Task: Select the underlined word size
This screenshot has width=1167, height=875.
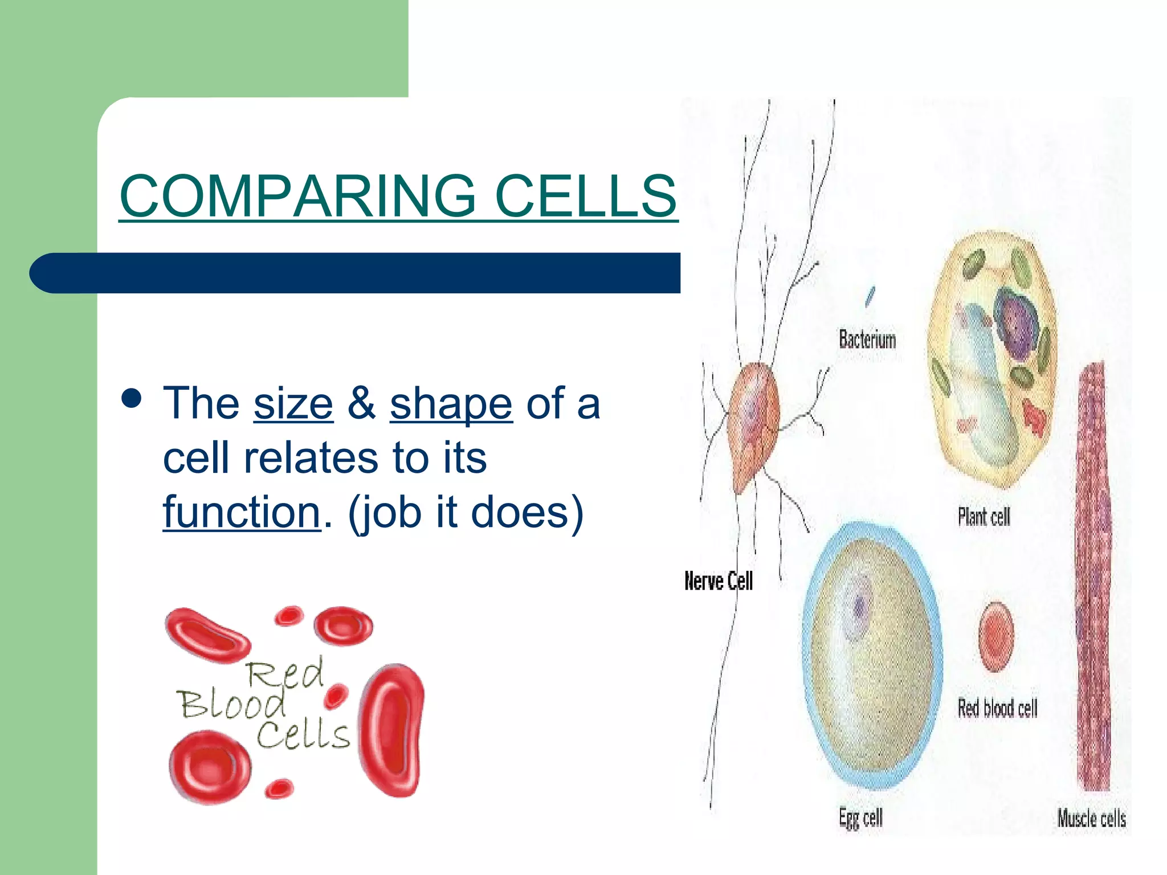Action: tap(293, 403)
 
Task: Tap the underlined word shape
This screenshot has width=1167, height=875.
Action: tap(451, 403)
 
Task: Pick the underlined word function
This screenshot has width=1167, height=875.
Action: tap(242, 512)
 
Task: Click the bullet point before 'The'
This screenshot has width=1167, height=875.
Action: tap(132, 398)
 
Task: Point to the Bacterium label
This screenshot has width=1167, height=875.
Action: tap(867, 340)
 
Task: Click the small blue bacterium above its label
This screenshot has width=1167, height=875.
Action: tap(870, 296)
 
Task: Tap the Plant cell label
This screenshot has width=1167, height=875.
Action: tap(984, 517)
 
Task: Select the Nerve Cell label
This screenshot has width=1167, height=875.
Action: tap(718, 581)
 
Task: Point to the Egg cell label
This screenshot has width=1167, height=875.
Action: tap(860, 818)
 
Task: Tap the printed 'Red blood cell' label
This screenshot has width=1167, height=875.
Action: tap(997, 709)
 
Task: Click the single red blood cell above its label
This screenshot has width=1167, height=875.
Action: tap(996, 636)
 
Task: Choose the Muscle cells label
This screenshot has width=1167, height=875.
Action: tap(1091, 819)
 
